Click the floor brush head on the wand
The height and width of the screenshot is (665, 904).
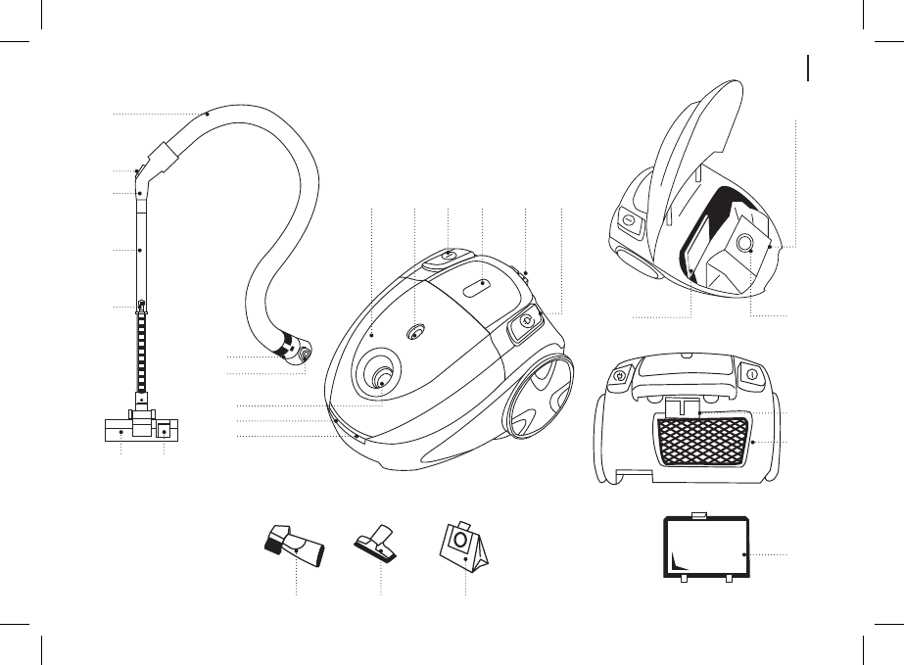141,429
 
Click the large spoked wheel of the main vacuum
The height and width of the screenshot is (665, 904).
537,397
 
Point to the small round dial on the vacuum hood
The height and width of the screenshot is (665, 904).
415,332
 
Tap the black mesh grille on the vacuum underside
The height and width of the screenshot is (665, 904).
705,439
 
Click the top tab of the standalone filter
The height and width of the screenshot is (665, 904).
698,514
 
